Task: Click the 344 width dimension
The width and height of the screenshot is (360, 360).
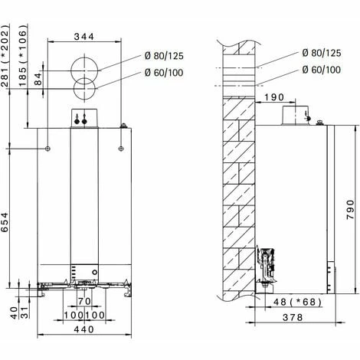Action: pyautogui.click(x=84, y=36)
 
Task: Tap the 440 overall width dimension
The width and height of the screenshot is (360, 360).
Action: pyautogui.click(x=84, y=329)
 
